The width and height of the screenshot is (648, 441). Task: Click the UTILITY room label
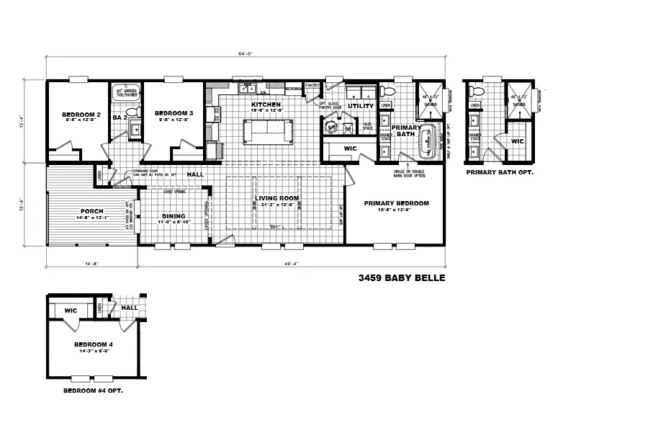(x=360, y=106)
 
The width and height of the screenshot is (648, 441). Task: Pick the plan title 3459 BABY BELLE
(x=397, y=277)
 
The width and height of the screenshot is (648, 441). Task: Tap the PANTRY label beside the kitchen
(x=312, y=85)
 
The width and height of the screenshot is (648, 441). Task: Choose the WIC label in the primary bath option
(x=517, y=141)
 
